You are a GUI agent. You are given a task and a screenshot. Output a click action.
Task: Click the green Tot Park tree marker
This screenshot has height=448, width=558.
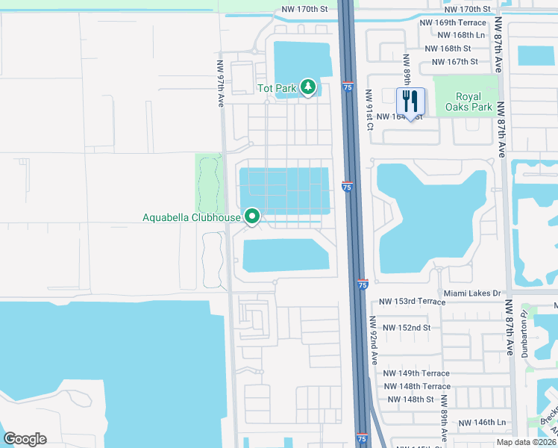pos(308,87)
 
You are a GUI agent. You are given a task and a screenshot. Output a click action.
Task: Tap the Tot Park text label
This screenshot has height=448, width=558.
pos(278,88)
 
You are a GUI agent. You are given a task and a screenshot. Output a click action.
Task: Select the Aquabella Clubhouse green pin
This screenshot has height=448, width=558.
pos(252,217)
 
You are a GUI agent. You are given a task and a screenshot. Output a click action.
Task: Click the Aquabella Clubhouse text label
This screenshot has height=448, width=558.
pos(192,218)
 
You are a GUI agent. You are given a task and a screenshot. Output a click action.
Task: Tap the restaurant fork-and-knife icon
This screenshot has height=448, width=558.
pos(410,102)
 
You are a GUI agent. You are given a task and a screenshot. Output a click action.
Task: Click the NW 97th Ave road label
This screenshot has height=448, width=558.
pos(221,84)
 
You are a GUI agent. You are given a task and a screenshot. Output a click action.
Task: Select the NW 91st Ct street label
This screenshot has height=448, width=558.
pos(369,110)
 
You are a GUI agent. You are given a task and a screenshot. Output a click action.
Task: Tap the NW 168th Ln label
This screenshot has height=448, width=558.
pos(461,35)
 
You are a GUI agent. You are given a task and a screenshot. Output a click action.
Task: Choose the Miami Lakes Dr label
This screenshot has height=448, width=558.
pos(471,293)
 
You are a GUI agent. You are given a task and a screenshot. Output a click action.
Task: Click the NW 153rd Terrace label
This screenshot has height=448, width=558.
pos(412,302)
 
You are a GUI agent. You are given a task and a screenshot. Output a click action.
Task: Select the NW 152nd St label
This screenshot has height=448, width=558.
pos(407,328)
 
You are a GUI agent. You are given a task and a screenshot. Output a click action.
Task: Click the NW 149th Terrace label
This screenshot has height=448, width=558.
pos(418,373)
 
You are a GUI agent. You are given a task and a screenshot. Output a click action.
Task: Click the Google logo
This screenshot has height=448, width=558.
pos(25,439)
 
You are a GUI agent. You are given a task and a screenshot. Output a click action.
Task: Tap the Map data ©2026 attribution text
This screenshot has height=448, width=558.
pos(525,442)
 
